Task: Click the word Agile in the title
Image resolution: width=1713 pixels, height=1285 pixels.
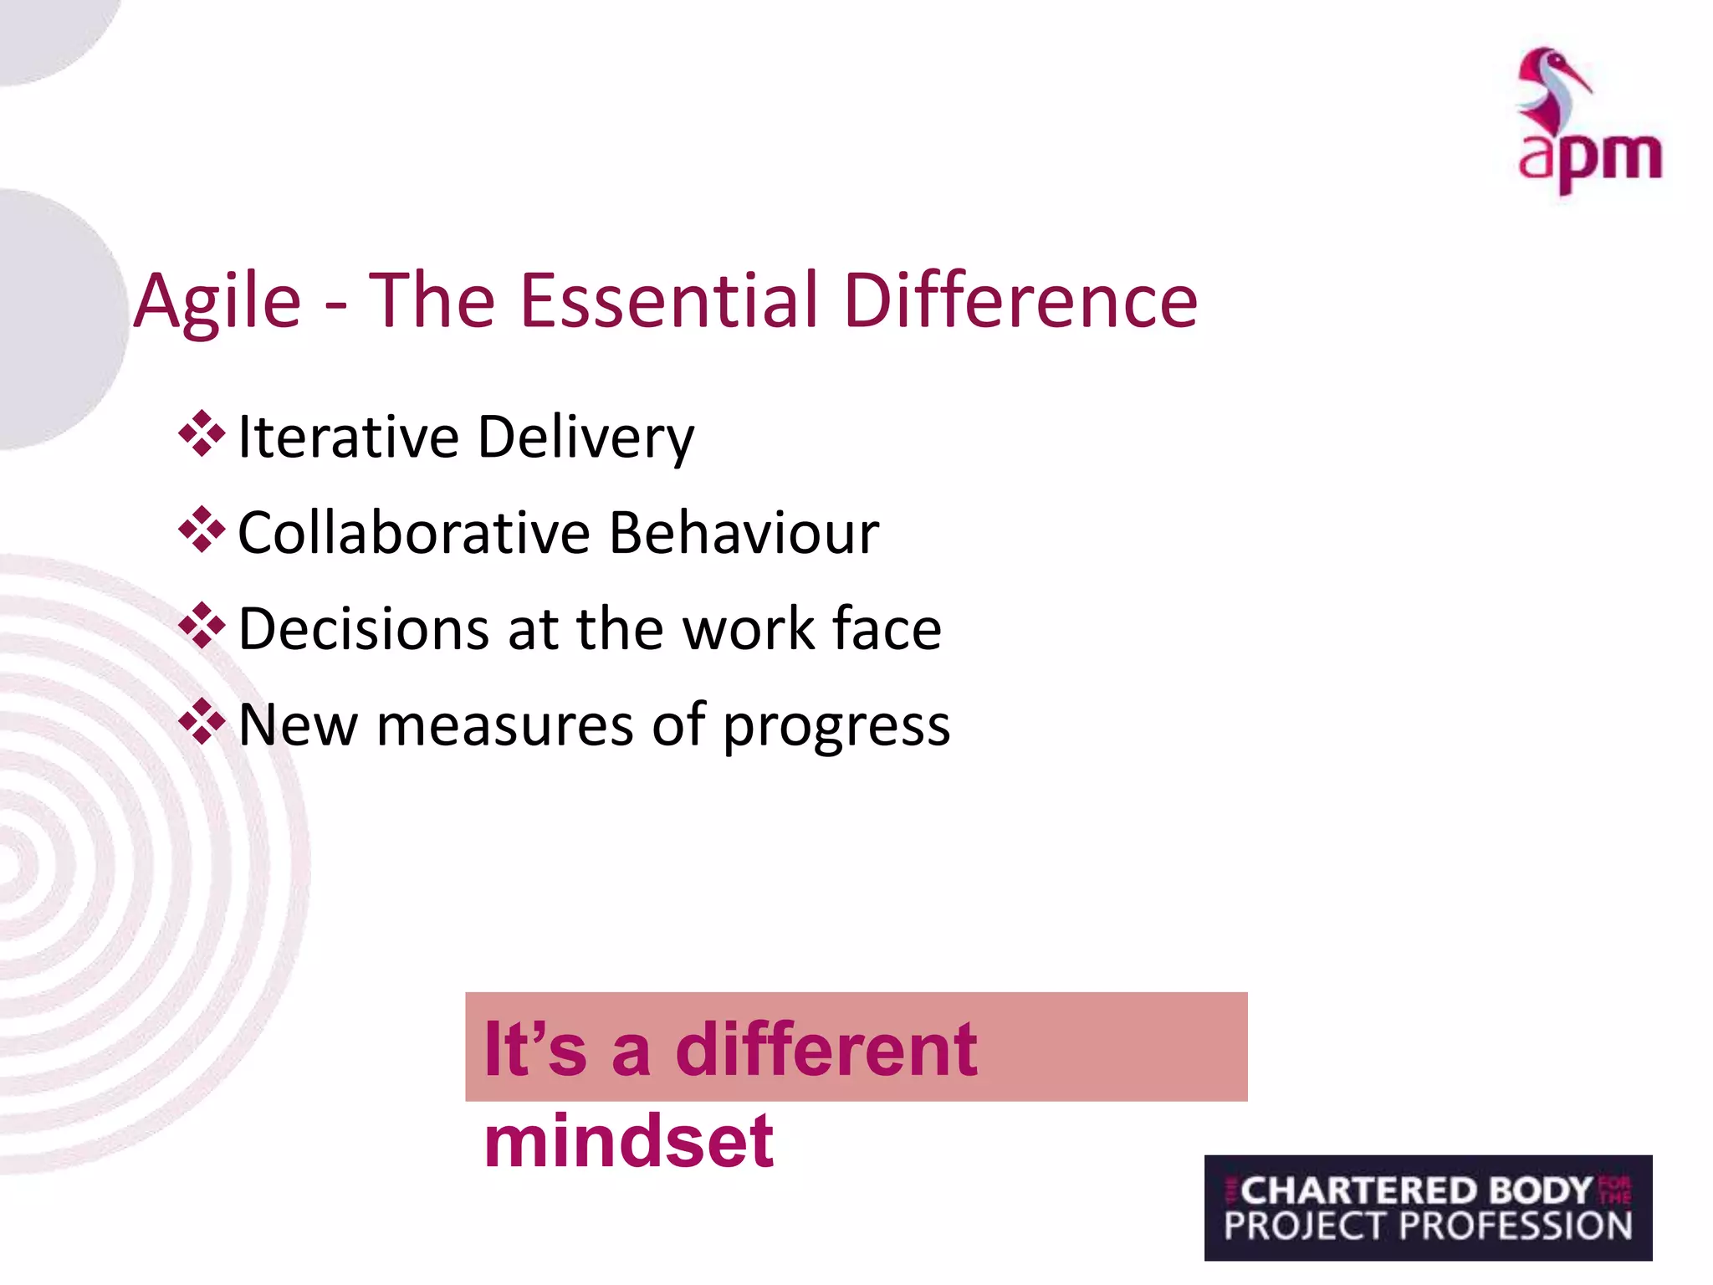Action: click(217, 303)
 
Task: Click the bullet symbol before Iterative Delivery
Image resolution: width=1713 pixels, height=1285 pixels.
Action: click(202, 433)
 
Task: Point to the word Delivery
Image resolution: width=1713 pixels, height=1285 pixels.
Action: click(585, 438)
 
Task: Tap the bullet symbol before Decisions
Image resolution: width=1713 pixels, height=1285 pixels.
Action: click(202, 626)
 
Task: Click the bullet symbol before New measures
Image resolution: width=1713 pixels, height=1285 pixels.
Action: click(202, 721)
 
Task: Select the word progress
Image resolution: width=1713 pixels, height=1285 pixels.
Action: click(836, 726)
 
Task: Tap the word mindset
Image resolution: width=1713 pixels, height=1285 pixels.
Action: click(629, 1141)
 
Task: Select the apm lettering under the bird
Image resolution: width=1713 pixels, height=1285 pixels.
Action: click(1589, 159)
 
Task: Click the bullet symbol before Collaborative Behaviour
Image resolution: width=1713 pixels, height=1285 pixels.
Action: click(202, 530)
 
